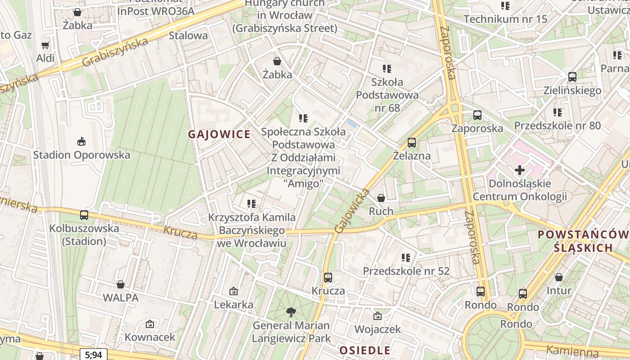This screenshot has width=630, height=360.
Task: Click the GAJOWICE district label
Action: click(x=219, y=134)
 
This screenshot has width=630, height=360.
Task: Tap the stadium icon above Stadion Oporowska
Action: click(x=81, y=142)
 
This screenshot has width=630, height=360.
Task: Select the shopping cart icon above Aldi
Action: click(x=45, y=45)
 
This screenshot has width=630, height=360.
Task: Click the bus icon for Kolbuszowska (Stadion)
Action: click(x=84, y=215)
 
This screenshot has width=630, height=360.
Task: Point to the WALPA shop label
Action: click(x=121, y=297)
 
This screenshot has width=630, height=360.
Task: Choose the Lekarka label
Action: click(x=234, y=305)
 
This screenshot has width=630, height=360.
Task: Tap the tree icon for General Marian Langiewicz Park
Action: click(x=291, y=312)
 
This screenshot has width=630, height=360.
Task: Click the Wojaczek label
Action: click(x=378, y=329)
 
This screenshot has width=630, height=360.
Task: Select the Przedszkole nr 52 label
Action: click(x=406, y=271)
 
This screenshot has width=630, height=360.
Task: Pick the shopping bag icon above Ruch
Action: click(x=381, y=198)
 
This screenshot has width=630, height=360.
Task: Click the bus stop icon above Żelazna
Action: click(x=411, y=143)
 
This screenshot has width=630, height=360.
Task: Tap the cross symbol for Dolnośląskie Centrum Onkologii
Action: click(x=520, y=170)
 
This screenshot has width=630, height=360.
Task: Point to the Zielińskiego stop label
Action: click(x=572, y=90)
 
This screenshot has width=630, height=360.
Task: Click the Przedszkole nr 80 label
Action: click(x=558, y=125)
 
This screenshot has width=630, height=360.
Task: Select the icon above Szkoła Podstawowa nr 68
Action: click(x=387, y=69)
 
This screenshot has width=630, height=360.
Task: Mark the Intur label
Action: click(x=559, y=290)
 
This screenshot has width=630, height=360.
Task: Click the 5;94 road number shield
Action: click(x=94, y=355)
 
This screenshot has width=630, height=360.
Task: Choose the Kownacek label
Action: click(x=150, y=337)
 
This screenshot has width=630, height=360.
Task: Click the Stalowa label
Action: click(x=188, y=35)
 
